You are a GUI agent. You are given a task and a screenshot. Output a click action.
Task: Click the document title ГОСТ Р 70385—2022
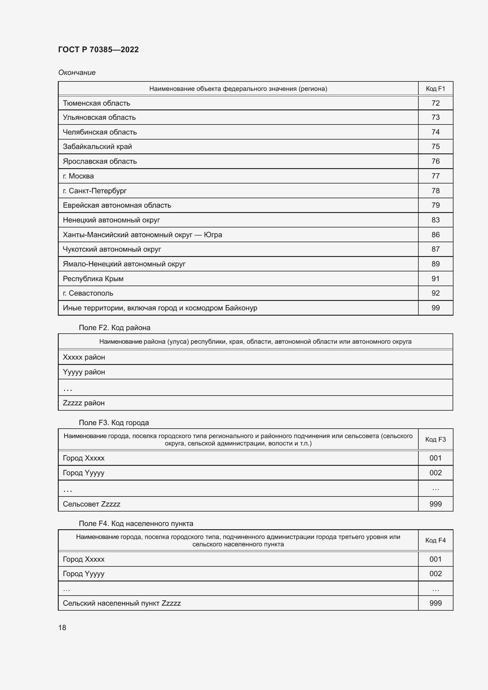[x=98, y=50]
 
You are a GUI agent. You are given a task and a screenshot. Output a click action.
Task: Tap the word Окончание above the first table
[x=77, y=73]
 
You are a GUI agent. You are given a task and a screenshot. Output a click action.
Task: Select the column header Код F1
[x=435, y=89]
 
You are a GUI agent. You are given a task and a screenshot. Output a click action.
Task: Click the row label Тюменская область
[x=96, y=103]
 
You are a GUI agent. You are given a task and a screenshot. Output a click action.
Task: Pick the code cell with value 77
[x=435, y=176]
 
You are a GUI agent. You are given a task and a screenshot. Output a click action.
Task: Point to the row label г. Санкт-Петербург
[x=95, y=191]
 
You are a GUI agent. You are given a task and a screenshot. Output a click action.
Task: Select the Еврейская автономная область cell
[x=117, y=205]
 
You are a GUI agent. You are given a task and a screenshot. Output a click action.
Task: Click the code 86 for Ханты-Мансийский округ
[x=435, y=235]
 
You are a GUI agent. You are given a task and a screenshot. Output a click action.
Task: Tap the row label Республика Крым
[x=93, y=278]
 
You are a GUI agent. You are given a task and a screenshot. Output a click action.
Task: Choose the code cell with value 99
[x=435, y=308]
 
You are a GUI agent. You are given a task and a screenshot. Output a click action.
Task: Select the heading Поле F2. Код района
[x=114, y=327]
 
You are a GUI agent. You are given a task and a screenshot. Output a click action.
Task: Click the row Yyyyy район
[x=84, y=372]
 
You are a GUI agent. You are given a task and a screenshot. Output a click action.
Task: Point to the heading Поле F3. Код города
[x=114, y=422]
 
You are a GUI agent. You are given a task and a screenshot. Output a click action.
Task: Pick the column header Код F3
[x=435, y=439]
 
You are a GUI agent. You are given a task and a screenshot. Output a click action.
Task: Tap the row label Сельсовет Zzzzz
[x=91, y=504]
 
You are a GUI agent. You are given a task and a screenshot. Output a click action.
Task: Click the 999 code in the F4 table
[x=435, y=603]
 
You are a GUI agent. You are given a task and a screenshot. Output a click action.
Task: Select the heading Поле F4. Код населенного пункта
[x=136, y=524]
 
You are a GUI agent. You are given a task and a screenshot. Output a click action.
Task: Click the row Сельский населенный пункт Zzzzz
[x=122, y=603]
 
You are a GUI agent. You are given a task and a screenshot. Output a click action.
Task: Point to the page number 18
[x=62, y=628]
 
